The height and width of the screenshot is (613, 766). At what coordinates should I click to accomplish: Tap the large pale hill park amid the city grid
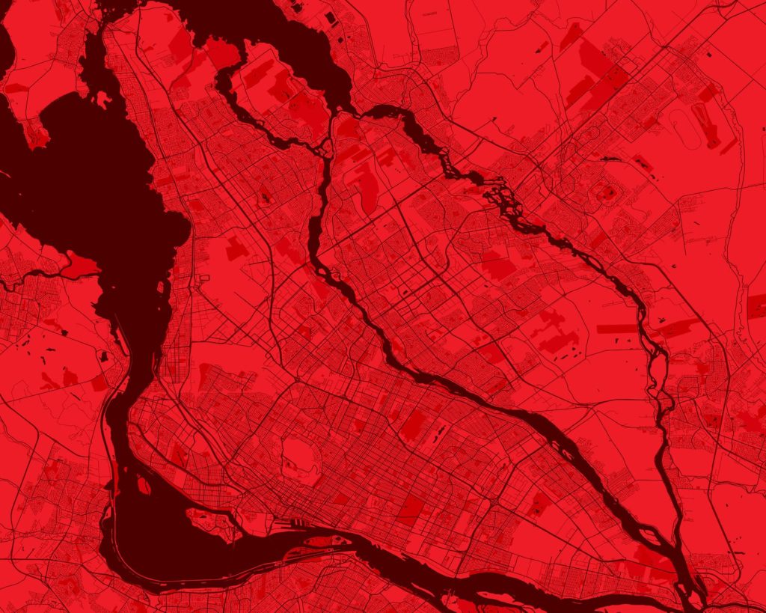click(301, 457)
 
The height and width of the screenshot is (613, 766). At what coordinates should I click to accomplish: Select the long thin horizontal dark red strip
click(616, 329)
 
